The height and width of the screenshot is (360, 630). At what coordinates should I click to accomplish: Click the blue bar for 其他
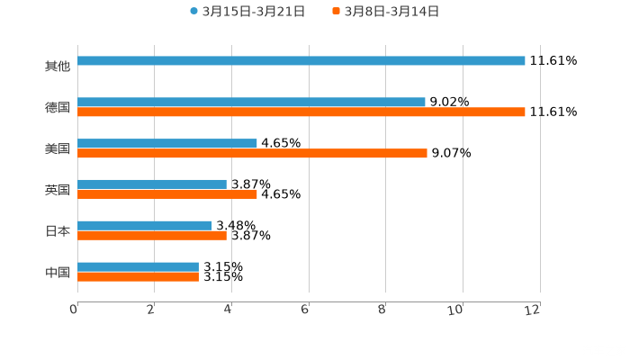point(301,61)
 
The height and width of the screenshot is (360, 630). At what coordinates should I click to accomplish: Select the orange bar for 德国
point(301,112)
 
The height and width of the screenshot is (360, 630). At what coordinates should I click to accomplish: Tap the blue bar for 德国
point(251,103)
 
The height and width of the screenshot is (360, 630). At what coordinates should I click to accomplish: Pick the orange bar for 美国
point(252,154)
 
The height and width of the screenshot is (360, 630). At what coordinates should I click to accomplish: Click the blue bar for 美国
point(167,143)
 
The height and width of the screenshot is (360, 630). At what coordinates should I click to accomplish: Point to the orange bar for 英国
point(167,194)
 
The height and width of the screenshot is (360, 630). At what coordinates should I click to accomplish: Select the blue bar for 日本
point(145,226)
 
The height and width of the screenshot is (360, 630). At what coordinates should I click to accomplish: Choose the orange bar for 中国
point(138,276)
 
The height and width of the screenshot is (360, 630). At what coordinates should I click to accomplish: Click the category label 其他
point(58,66)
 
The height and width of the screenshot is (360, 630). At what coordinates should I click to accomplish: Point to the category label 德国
point(58,107)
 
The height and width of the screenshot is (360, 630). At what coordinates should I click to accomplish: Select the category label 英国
point(58,190)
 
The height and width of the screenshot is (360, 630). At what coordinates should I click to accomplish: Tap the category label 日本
point(58,231)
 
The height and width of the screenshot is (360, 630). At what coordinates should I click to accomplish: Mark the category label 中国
point(58,272)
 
